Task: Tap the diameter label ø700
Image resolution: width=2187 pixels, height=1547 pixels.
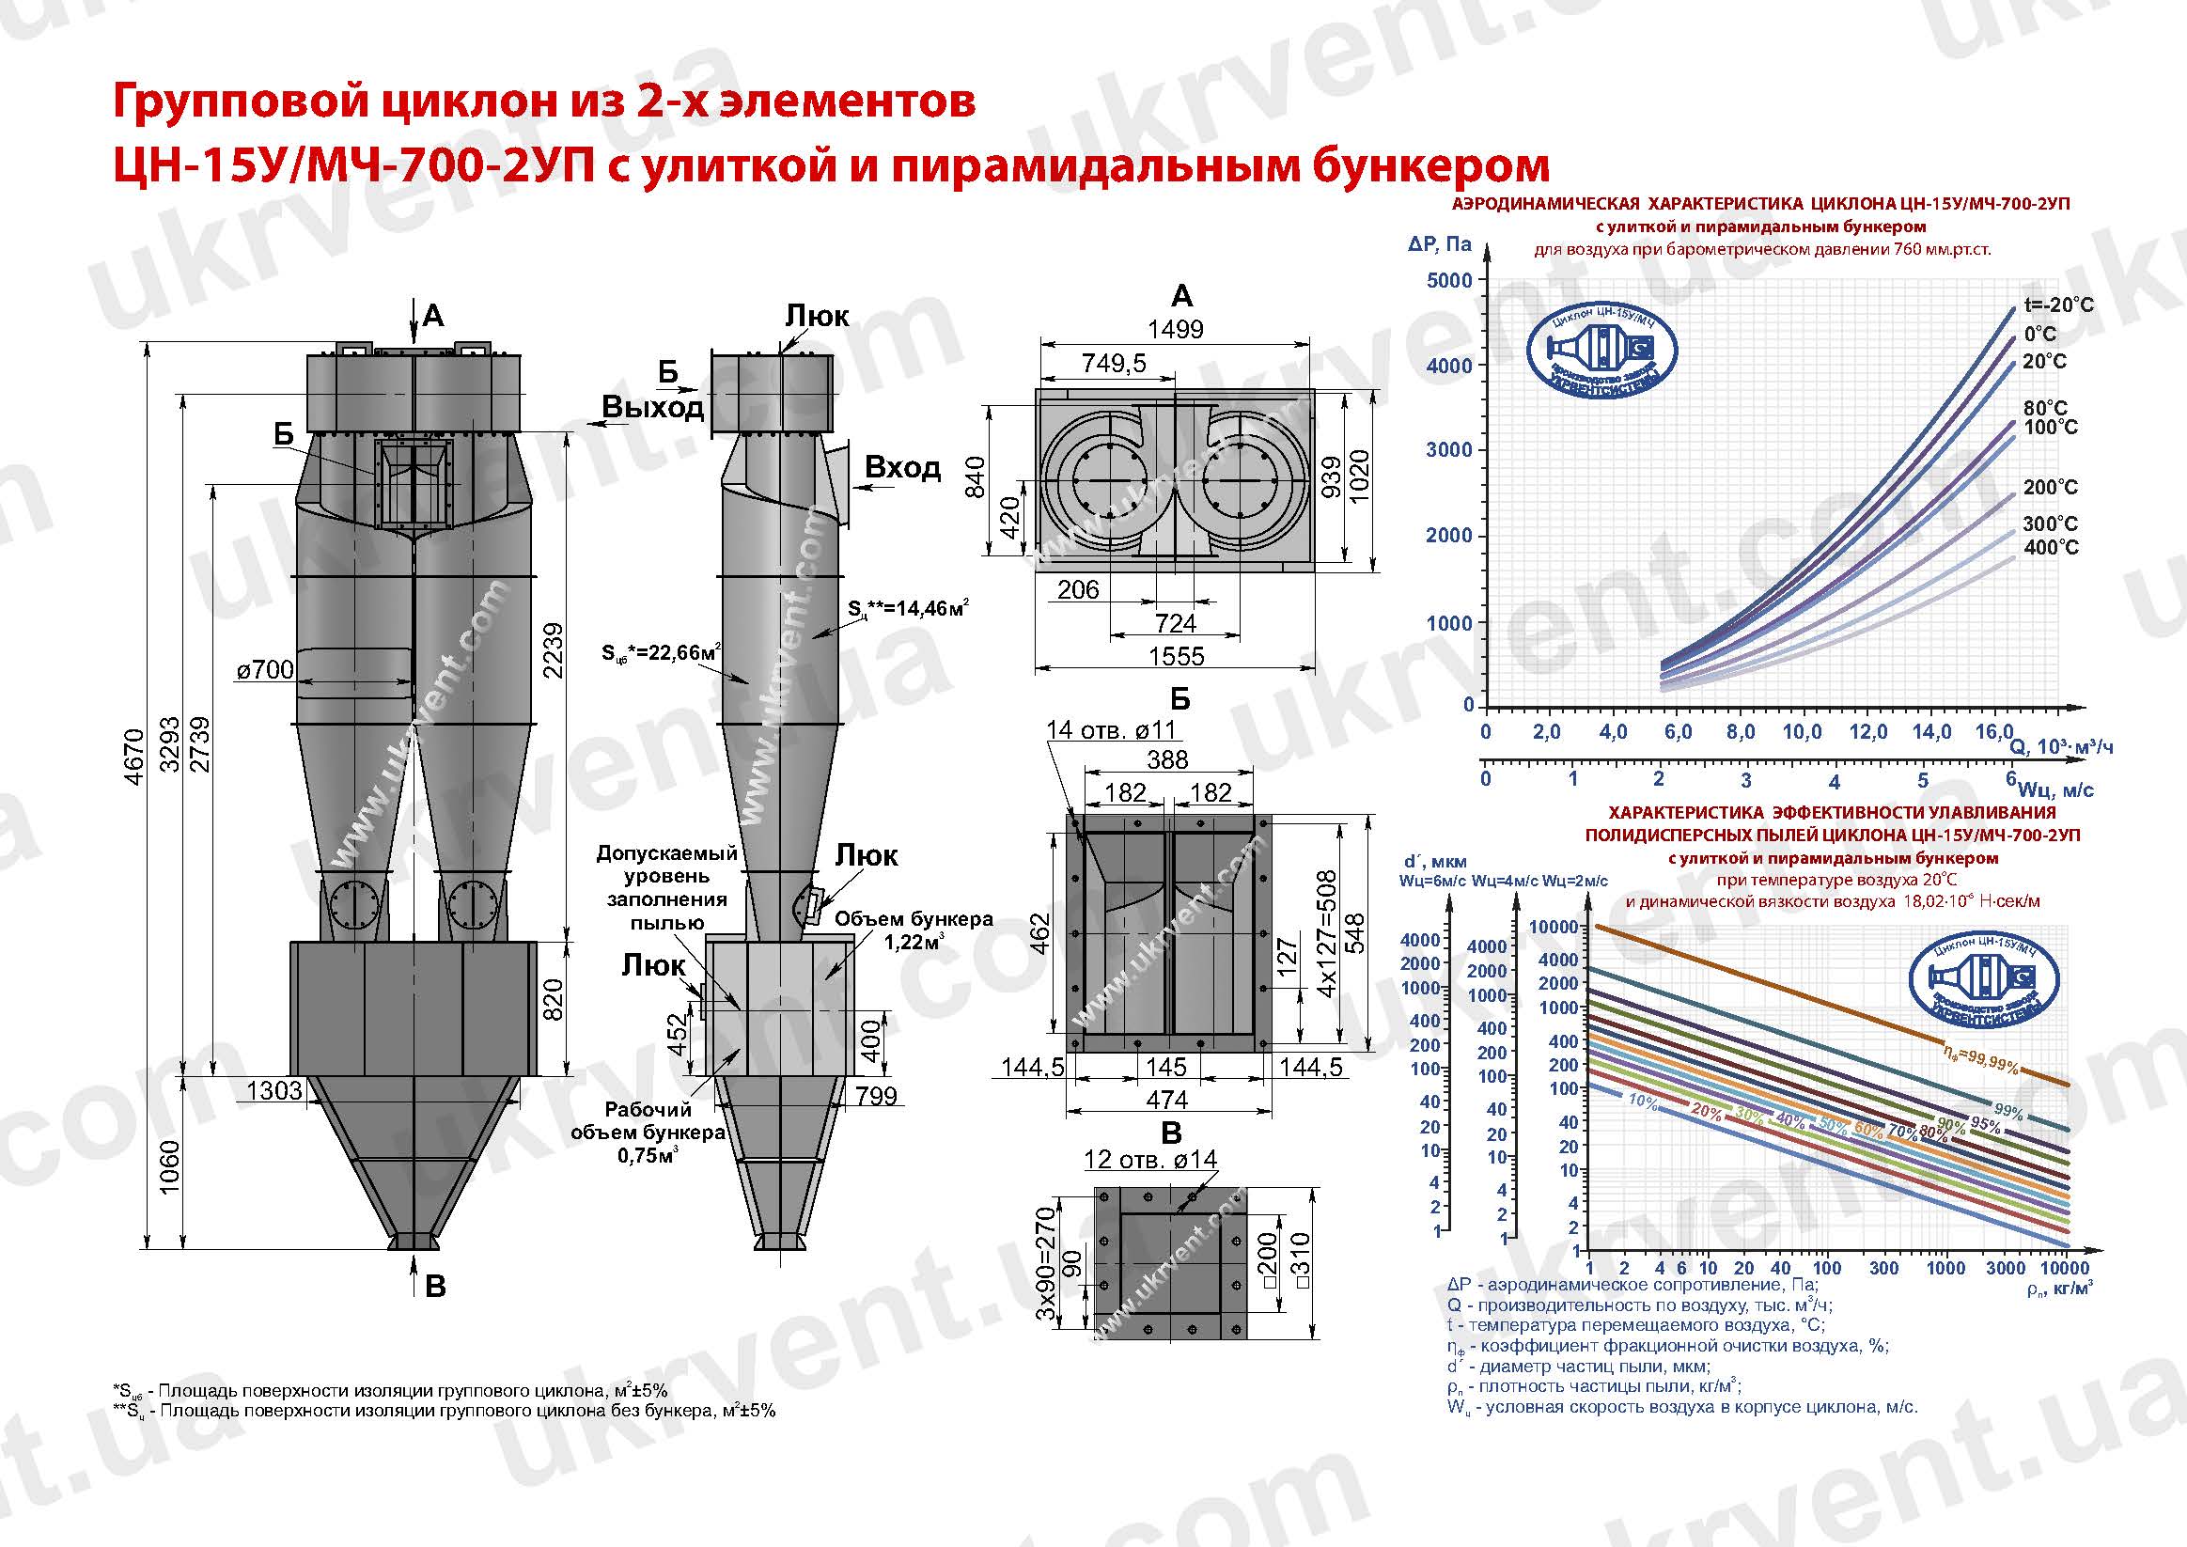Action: tap(265, 670)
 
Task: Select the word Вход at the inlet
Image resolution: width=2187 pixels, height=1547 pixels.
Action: tap(902, 468)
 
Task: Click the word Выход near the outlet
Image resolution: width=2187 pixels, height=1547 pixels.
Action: tap(652, 408)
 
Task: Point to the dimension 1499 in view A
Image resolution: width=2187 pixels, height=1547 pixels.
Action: tap(1175, 330)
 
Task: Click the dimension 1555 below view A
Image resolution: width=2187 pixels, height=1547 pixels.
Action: tap(1177, 656)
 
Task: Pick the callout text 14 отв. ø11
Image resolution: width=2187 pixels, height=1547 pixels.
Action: tap(1111, 730)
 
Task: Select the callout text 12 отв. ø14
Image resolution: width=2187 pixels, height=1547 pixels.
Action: tap(1149, 1159)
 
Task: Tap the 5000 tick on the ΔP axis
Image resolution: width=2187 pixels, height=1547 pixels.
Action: tap(1449, 280)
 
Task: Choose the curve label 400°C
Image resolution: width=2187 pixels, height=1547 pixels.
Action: tap(2051, 548)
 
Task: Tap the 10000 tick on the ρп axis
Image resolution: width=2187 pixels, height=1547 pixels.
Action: tap(2065, 1268)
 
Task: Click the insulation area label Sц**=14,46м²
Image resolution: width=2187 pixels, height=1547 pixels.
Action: tap(909, 608)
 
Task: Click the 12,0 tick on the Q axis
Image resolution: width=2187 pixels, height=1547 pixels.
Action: tap(1867, 731)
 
